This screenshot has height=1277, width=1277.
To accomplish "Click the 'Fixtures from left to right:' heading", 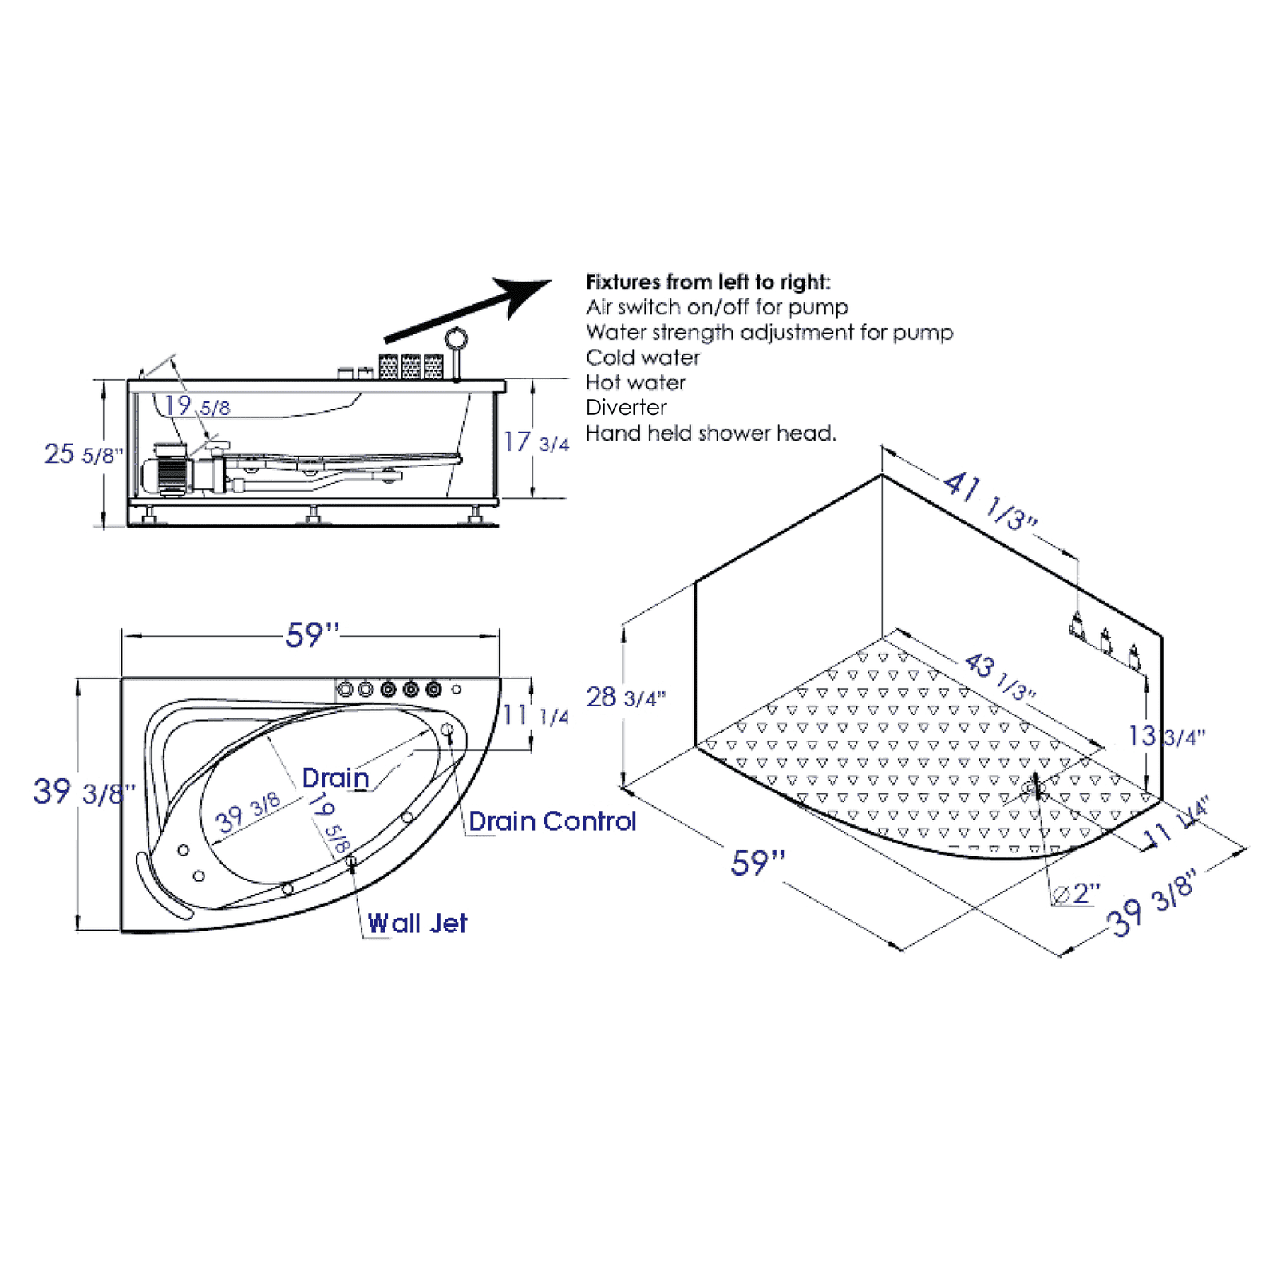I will pos(708,282).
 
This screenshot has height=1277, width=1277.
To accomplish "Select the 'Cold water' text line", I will pos(642,357).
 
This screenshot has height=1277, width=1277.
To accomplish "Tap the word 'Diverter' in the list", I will pos(626,407).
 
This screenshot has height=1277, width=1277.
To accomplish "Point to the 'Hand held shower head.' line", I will pos(710,433).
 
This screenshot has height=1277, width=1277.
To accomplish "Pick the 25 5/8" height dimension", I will pos(83,454).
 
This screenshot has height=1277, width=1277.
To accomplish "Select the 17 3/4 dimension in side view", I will pos(536,442).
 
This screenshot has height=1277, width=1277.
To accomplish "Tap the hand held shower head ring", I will pos(457,338).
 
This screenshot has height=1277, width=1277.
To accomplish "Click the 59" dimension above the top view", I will pos(312,635).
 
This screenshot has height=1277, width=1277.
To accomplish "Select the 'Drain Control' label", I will pos(552,821).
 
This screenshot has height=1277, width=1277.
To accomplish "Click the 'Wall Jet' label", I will pos(417,923).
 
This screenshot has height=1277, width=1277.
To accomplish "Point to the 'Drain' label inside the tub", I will pos(335,777).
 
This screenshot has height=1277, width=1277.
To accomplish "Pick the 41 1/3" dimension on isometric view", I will pos(990,500).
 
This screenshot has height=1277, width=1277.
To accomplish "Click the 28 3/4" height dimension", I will pos(625,698).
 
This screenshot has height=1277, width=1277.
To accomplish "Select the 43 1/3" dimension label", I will pos(999,677).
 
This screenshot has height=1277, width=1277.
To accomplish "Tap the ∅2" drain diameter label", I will pos(1077,893).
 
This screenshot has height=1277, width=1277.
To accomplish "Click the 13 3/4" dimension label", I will pos(1166,736).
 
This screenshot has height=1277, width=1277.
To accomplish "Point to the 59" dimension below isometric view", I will pos(757,863).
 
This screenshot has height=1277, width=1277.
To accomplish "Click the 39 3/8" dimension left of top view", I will pos(83,792).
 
